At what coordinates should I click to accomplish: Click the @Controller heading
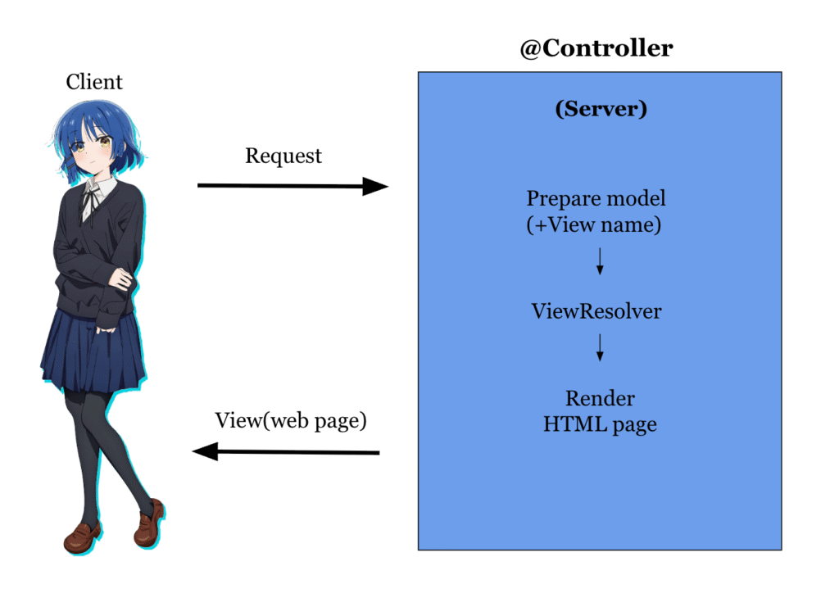(x=596, y=48)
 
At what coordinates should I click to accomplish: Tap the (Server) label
(x=601, y=109)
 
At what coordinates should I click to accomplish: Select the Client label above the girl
(x=94, y=82)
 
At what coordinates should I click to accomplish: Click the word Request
(x=283, y=156)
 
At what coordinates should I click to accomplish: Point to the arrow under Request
(x=293, y=187)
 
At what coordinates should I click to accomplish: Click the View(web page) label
(x=291, y=421)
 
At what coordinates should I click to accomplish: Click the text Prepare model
(x=596, y=198)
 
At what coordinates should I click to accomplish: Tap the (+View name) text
(x=593, y=224)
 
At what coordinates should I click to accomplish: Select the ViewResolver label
(x=596, y=311)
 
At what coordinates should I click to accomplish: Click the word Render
(x=600, y=399)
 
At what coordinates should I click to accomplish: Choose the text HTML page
(x=600, y=425)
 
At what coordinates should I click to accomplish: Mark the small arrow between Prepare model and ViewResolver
(x=600, y=261)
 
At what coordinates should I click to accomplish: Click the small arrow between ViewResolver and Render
(x=600, y=347)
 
